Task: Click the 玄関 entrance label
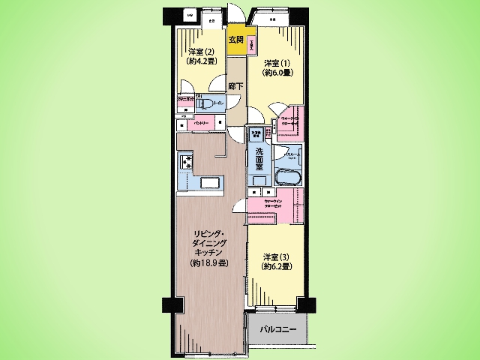(x=236, y=40)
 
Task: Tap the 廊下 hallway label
(x=235, y=86)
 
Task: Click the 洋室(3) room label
(x=274, y=257)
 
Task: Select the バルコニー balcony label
(x=278, y=330)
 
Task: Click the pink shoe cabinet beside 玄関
(x=252, y=44)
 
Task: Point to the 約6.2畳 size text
(x=274, y=267)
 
